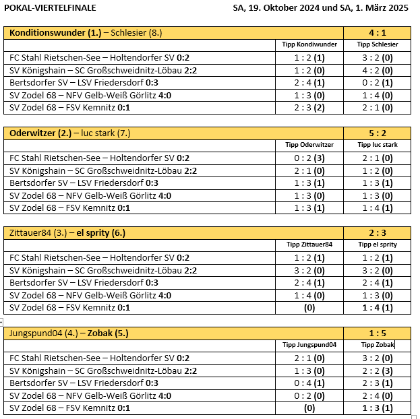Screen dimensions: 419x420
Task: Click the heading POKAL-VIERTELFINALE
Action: pos(51,8)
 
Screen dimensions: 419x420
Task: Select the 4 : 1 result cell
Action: pos(377,32)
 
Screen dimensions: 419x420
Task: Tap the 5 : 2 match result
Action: pos(377,133)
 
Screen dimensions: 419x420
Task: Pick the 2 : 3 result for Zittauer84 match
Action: pos(377,233)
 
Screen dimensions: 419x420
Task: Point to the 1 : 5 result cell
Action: pos(377,333)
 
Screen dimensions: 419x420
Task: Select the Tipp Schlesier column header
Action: pos(377,44)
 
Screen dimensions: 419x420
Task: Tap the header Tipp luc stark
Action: pos(377,144)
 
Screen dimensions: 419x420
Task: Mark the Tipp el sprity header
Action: pos(377,245)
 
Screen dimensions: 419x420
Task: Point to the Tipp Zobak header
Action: pos(377,345)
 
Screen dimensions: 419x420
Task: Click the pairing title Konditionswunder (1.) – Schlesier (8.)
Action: pos(86,32)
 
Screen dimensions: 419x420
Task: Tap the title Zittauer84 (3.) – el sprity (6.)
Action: pos(67,233)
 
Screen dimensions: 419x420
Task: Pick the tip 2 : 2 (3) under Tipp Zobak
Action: pos(377,370)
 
